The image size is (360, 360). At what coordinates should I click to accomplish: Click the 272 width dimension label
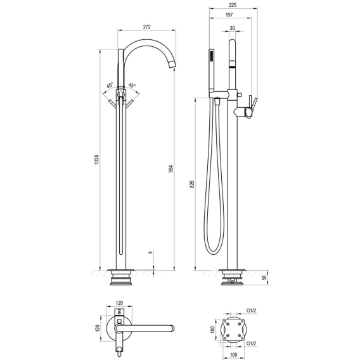tap(146, 27)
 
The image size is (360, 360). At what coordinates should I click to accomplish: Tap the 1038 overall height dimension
tap(97, 159)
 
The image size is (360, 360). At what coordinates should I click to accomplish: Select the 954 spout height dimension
tap(171, 169)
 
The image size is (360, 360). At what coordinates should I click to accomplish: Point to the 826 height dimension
tap(192, 184)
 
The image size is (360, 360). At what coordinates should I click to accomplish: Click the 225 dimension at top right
tap(233, 5)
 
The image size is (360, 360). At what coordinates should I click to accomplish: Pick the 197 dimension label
tap(229, 15)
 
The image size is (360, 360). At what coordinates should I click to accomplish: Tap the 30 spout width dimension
tap(233, 28)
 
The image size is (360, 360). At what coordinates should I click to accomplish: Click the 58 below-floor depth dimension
tap(264, 278)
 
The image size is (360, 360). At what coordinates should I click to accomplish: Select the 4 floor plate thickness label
tap(150, 252)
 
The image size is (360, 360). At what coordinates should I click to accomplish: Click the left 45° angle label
tap(110, 86)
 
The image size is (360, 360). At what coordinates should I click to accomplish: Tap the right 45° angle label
tap(132, 86)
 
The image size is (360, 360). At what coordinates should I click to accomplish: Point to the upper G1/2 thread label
tap(251, 311)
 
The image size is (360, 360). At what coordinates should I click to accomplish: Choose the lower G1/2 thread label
tap(251, 344)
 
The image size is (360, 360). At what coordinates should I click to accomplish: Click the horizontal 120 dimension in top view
tap(119, 303)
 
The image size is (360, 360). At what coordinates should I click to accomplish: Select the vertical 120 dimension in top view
tap(98, 328)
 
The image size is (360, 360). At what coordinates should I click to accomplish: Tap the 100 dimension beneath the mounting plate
tap(233, 355)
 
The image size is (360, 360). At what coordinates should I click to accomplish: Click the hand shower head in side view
tap(212, 70)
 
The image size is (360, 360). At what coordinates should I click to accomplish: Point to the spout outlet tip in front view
tap(173, 65)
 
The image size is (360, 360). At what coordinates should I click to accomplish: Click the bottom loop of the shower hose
tap(214, 252)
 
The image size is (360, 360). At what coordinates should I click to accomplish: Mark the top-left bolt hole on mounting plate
tap(228, 324)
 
